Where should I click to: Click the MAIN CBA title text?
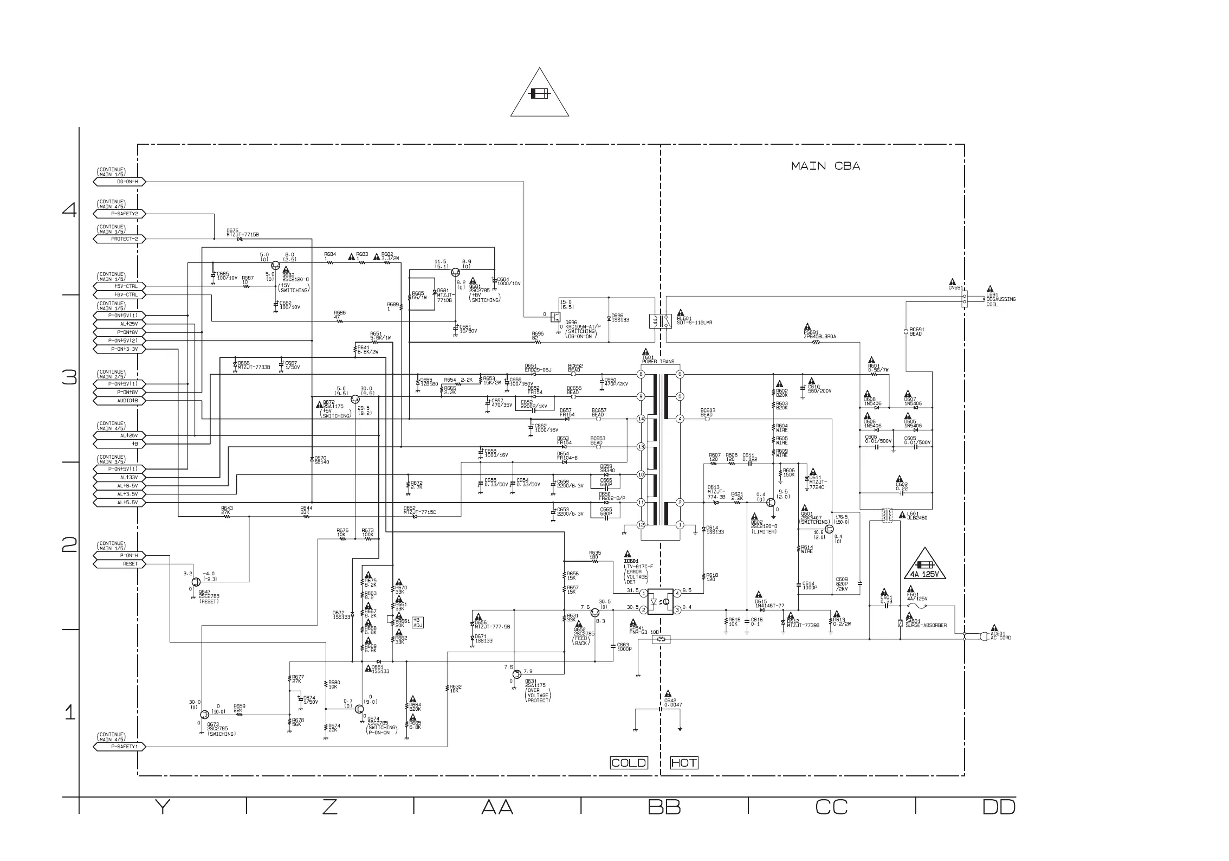[x=825, y=166]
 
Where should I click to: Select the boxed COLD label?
[x=629, y=763]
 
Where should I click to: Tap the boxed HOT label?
[x=684, y=763]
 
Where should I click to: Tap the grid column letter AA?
[x=497, y=807]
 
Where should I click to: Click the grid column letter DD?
[x=999, y=807]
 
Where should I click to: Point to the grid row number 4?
[x=69, y=210]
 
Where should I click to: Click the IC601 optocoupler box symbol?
[x=661, y=602]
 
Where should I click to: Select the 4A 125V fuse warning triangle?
[x=924, y=566]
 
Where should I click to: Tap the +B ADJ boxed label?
[x=417, y=622]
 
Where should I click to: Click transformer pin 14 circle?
[x=641, y=419]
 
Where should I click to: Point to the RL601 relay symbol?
[x=660, y=322]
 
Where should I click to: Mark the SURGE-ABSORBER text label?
[x=926, y=625]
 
